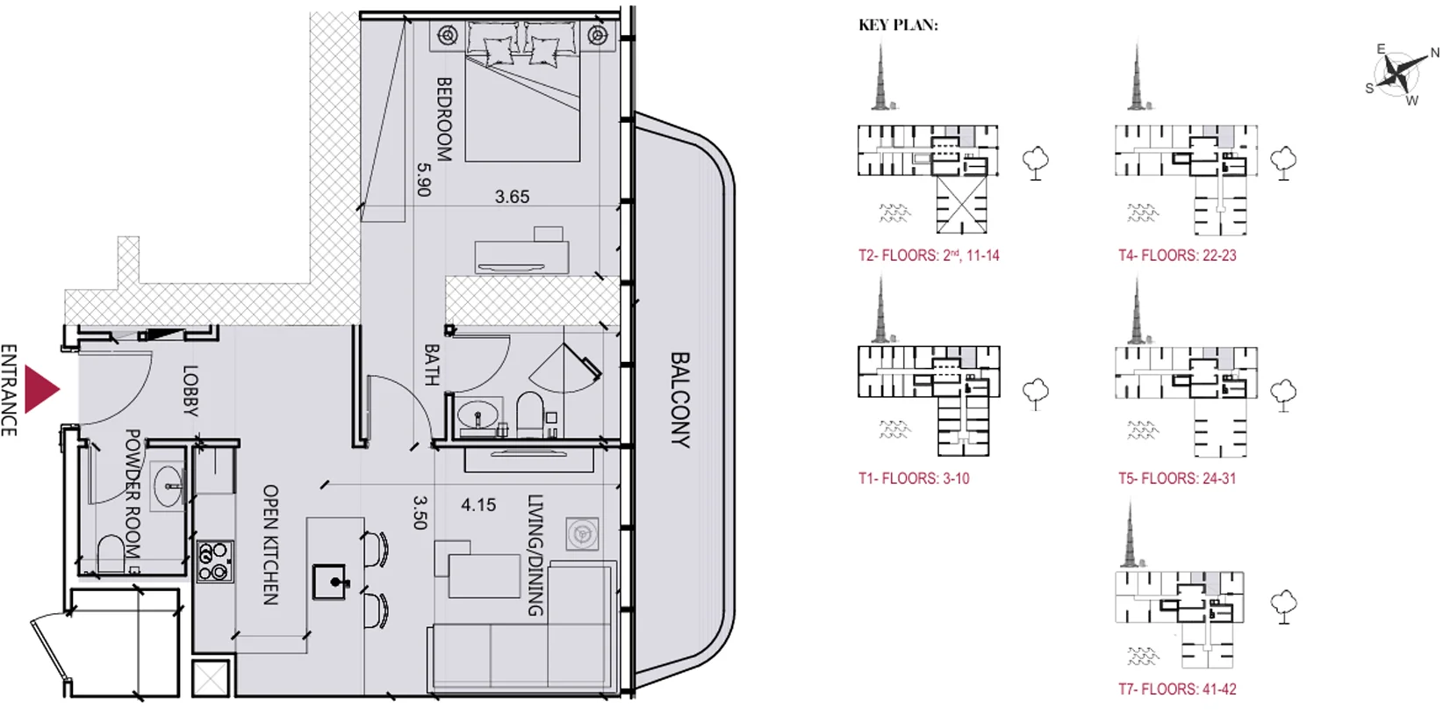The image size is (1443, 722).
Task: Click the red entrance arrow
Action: (40, 389)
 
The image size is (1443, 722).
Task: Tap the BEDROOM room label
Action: (444, 119)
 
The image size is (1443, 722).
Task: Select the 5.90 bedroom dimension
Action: (423, 179)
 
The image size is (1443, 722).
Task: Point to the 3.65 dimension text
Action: (512, 197)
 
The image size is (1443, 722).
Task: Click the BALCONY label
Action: (680, 400)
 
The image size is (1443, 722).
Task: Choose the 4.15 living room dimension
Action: (478, 505)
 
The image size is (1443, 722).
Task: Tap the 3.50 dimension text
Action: (420, 512)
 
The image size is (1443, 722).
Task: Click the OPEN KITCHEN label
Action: (271, 545)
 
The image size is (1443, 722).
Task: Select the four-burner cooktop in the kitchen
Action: (215, 561)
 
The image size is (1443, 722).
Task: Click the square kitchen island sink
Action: (330, 582)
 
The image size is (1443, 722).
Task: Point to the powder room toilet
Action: (111, 554)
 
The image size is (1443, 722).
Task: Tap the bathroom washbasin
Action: (479, 415)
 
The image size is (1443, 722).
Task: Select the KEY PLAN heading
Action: (898, 25)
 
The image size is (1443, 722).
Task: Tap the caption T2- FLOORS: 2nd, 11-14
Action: (929, 256)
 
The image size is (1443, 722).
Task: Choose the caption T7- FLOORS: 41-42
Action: (1177, 690)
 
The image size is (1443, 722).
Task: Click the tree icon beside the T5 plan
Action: (1283, 395)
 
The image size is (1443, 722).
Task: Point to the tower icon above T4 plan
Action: (1137, 76)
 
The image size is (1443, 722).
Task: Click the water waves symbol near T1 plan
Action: (894, 429)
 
